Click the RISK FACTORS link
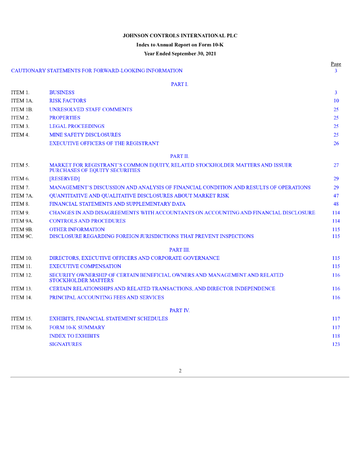(67, 101)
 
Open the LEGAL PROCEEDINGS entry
(76, 126)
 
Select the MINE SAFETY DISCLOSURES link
(85, 135)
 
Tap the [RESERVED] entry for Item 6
(64, 179)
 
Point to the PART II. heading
(180, 156)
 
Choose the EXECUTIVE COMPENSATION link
(85, 266)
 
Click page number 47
(336, 196)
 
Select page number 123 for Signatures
(336, 344)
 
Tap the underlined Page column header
(336, 64)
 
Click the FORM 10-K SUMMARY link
(77, 327)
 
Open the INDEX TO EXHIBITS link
(74, 336)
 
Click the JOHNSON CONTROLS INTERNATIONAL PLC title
(180, 35)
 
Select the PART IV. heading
(180, 310)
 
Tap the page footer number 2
(180, 371)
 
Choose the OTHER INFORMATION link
(77, 229)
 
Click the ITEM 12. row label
(21, 275)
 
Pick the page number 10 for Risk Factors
(336, 101)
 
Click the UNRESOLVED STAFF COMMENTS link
(91, 109)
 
